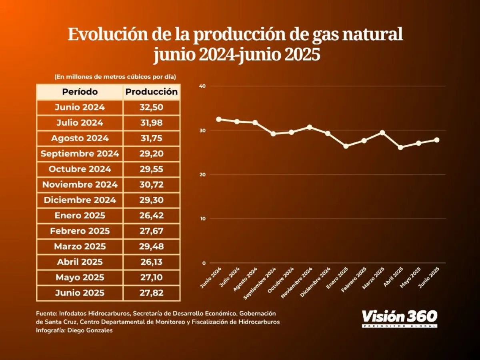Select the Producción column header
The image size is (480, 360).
tap(152, 92)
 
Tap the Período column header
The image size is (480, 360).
tap(80, 92)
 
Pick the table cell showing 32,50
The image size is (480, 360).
tap(152, 107)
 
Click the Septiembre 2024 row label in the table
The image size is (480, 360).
tap(80, 154)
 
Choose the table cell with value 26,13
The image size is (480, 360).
tap(152, 262)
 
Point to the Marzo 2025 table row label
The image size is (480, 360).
tap(80, 246)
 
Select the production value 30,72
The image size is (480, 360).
tap(152, 184)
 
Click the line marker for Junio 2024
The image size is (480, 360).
tap(219, 119)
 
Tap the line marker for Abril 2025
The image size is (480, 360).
tap(400, 148)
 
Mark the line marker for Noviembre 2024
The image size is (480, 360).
tap(310, 127)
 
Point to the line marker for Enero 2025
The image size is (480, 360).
tap(346, 146)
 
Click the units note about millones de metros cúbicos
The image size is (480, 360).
tap(115, 76)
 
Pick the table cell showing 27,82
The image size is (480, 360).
tap(152, 293)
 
